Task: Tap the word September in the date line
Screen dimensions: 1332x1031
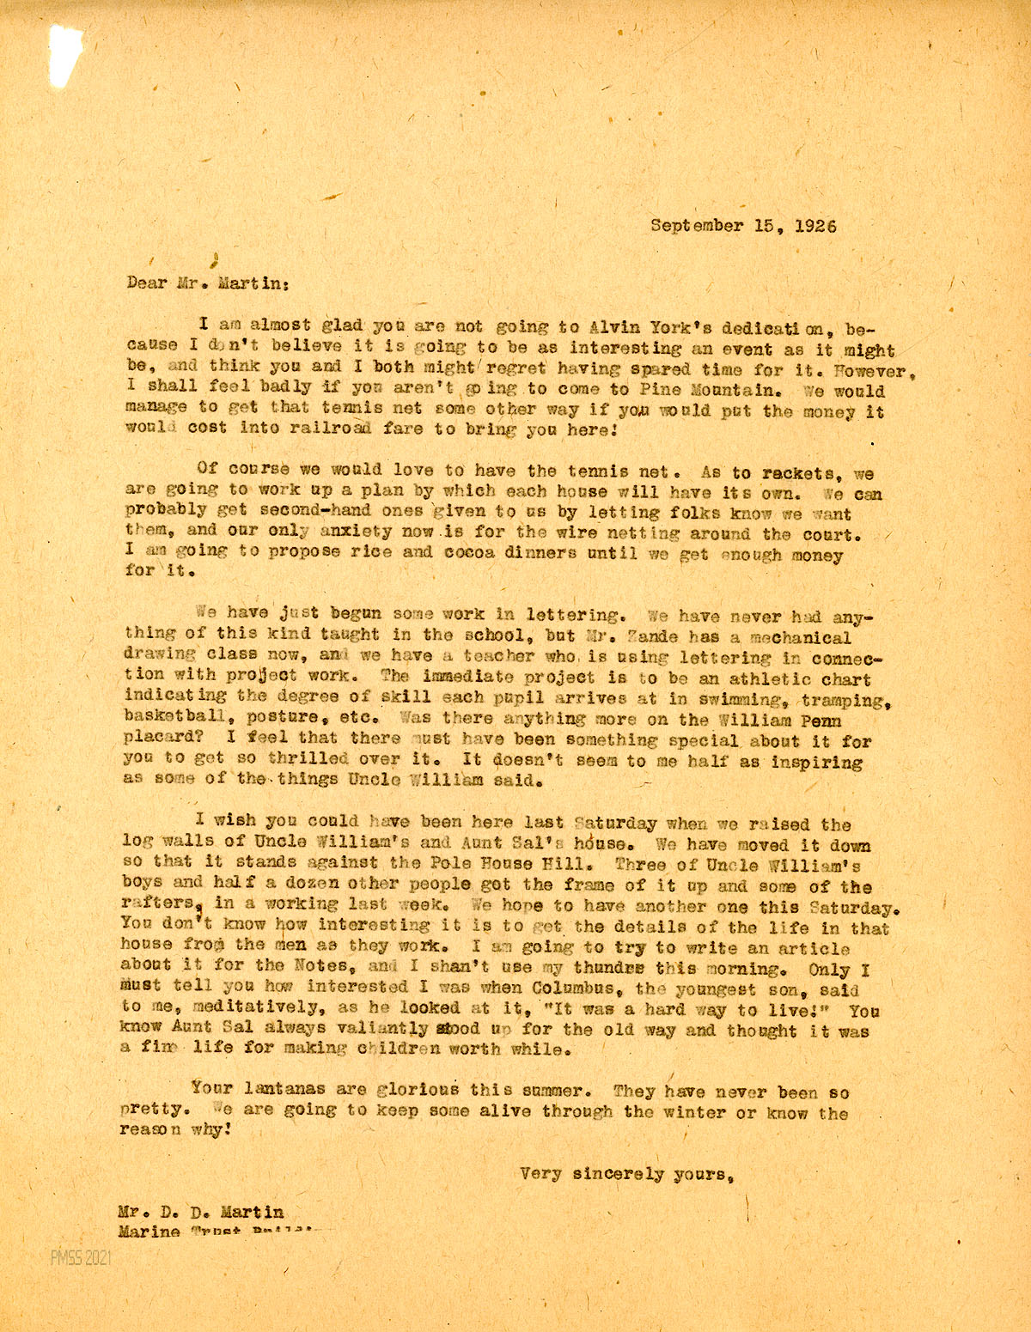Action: point(697,226)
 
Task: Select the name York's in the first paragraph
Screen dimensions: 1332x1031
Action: point(671,327)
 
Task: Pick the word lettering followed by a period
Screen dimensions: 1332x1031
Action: point(575,615)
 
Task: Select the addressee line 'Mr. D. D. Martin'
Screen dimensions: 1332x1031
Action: point(201,1212)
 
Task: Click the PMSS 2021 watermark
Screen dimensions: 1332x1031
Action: point(80,1259)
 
